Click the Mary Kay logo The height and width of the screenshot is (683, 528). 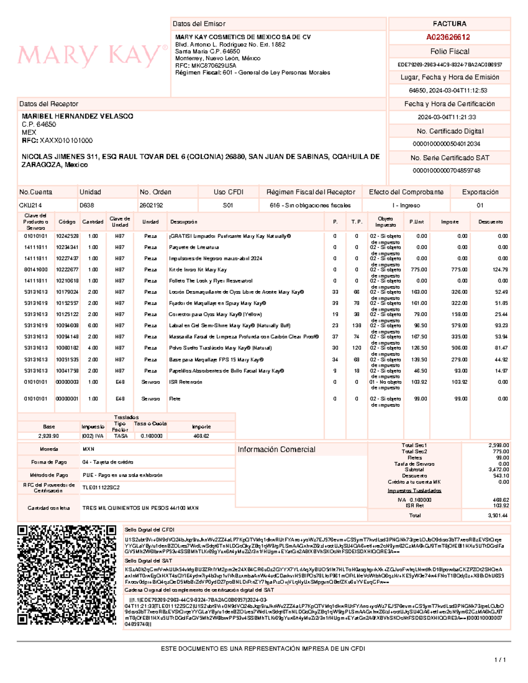click(92, 56)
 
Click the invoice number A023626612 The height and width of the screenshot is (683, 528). click(448, 37)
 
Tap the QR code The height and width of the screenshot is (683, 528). click(66, 575)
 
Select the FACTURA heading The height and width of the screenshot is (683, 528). click(449, 24)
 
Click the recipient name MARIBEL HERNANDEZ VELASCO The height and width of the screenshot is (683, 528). click(77, 116)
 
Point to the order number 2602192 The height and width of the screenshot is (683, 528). click(151, 205)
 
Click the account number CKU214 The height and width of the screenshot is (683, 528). click(30, 205)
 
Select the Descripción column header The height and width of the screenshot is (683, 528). click(183, 222)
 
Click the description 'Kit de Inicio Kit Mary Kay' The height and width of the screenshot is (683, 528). click(198, 270)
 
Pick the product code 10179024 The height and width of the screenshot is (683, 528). click(67, 292)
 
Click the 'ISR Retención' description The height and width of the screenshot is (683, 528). click(185, 382)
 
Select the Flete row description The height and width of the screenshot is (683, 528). click(175, 399)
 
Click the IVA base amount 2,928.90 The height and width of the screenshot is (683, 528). click(48, 436)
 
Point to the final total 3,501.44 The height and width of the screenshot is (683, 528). click(498, 515)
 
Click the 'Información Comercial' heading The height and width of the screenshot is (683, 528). click(276, 449)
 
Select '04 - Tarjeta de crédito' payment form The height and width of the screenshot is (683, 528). click(108, 462)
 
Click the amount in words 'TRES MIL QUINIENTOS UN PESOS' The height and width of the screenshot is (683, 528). click(140, 508)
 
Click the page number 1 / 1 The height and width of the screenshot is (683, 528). click(500, 660)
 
